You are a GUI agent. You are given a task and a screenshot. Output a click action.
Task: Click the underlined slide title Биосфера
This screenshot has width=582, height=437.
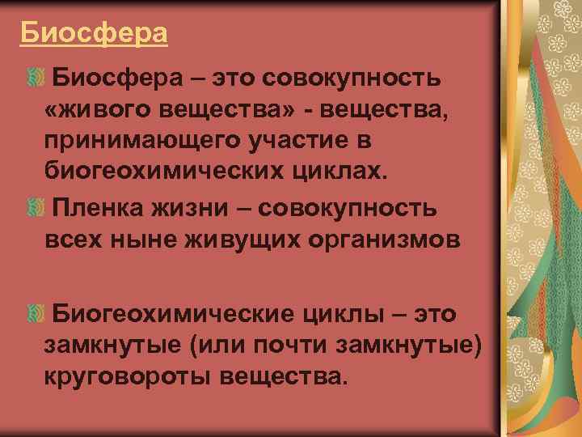point(94,33)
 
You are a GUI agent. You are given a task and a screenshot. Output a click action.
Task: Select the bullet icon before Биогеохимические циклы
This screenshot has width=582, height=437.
point(34,312)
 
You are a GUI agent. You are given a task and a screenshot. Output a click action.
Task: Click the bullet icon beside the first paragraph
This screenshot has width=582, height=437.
point(34,78)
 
